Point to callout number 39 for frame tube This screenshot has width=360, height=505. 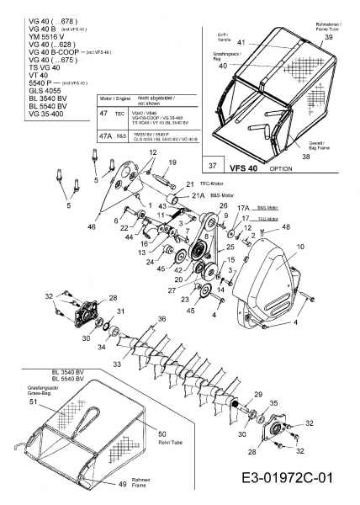coord(328,39)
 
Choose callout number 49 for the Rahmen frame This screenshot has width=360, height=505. coord(122,484)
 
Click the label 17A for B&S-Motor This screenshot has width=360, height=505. coord(243,207)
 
